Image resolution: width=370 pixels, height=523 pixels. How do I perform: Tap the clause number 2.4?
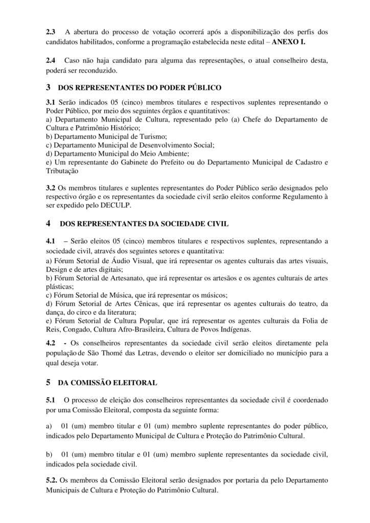[51, 61]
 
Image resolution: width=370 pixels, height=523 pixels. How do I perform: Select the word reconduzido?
[100, 70]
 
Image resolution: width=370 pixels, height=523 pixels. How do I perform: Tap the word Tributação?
[62, 171]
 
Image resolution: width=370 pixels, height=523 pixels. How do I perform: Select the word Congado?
[78, 330]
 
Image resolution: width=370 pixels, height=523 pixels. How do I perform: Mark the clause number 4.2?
[51, 343]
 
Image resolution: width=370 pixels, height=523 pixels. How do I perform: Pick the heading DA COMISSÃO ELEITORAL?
[107, 382]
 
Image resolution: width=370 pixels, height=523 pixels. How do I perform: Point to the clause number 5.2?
[52, 481]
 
